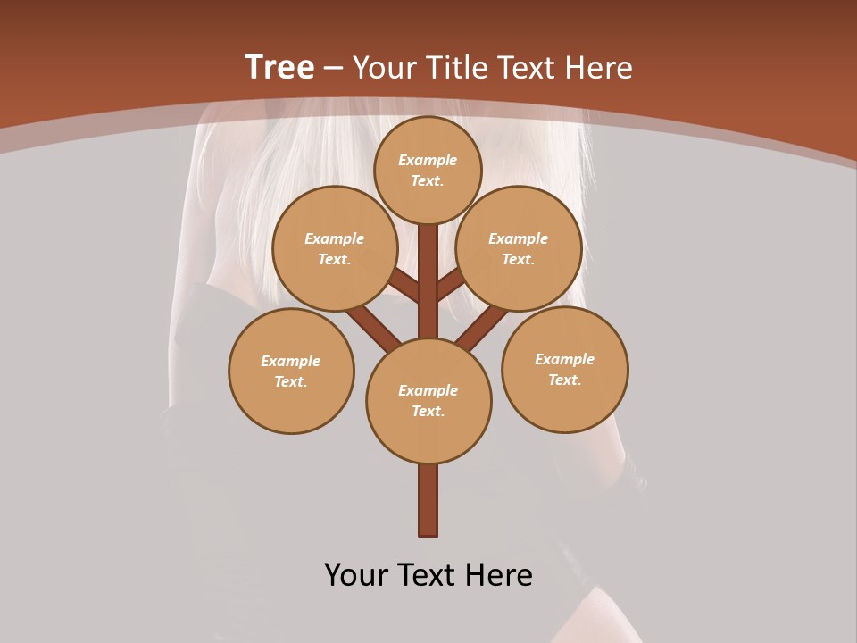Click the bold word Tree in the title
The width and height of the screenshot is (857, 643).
279,68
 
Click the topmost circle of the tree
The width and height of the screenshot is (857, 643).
428,170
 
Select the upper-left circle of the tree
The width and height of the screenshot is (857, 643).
334,248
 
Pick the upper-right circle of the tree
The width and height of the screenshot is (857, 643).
519,248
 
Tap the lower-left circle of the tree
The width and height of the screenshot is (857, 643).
291,371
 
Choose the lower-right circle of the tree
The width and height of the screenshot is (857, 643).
564,369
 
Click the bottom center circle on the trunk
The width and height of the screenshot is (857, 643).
428,401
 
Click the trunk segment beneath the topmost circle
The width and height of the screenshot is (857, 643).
428,277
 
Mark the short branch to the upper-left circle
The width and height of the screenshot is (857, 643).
404,288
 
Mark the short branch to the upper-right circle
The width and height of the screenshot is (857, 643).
450,286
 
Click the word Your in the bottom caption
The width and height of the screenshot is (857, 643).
355,575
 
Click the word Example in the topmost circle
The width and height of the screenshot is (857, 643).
428,160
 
